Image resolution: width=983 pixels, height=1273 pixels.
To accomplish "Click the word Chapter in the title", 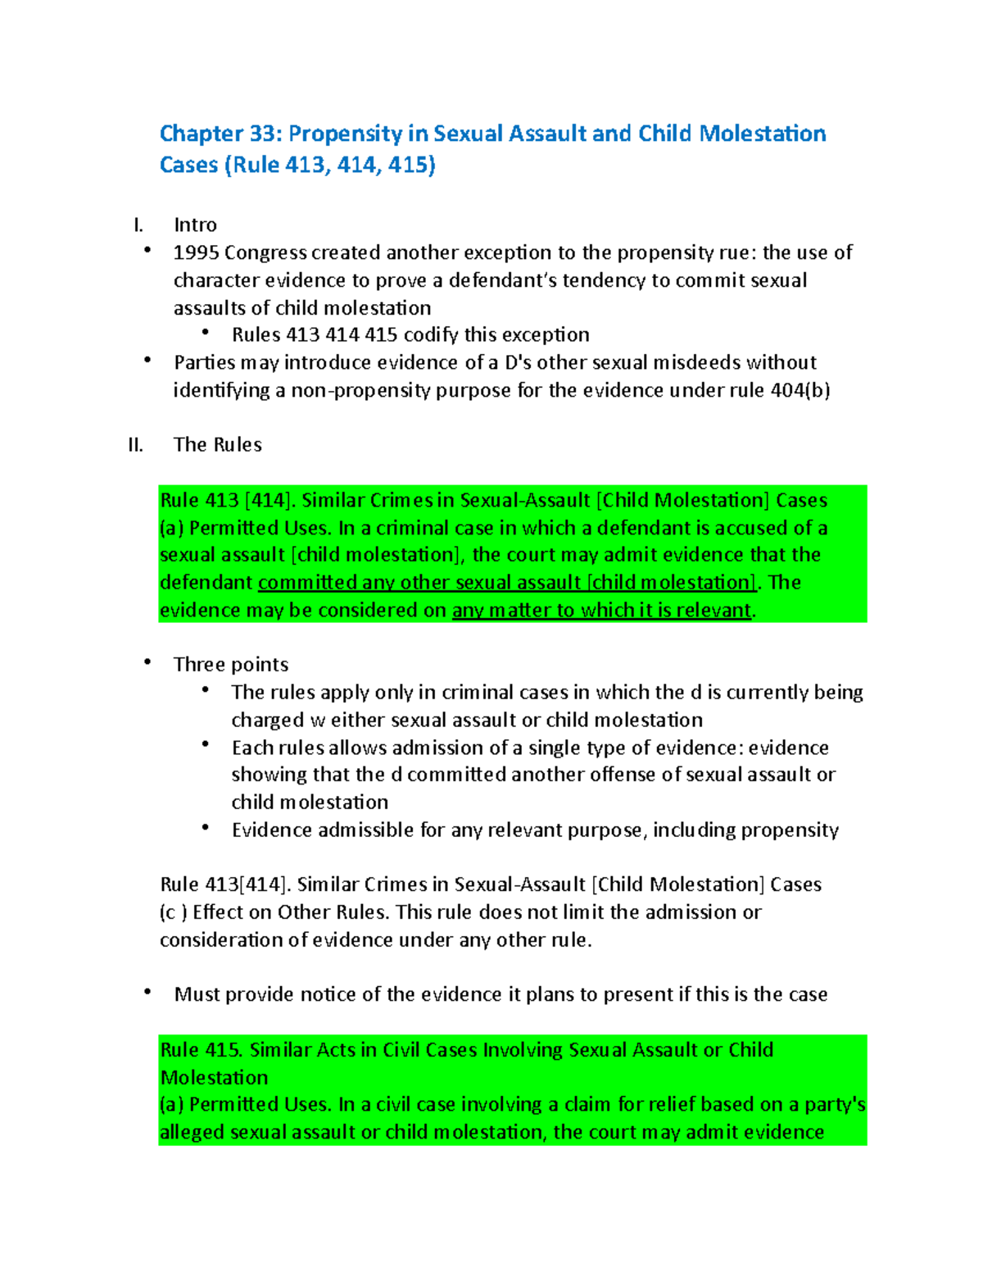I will [x=202, y=134].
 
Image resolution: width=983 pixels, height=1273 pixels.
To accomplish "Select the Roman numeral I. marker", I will [x=138, y=225].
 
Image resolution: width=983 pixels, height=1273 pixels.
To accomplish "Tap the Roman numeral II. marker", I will [x=136, y=445].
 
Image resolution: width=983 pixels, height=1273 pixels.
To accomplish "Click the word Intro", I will [x=195, y=225].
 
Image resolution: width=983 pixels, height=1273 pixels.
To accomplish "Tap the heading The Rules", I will [x=218, y=445].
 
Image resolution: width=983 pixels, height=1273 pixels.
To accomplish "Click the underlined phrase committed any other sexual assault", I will [x=419, y=583].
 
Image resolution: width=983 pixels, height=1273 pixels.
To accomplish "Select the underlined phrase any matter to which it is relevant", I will [x=601, y=611].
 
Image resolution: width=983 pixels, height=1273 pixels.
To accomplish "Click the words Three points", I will [x=231, y=665].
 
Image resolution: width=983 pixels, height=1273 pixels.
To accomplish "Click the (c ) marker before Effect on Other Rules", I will [x=173, y=912].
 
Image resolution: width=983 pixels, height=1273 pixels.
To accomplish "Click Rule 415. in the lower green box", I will [x=201, y=1050].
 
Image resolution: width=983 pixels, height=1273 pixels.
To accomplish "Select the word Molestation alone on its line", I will [x=215, y=1078].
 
